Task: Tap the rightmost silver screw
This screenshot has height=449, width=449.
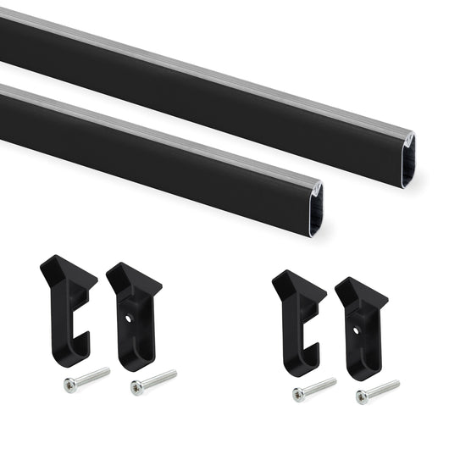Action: click(x=378, y=391)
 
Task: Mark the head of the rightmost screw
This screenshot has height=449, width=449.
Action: click(x=362, y=396)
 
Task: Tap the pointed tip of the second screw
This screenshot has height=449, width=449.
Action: click(x=175, y=372)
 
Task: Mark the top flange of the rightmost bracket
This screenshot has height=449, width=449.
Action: click(x=363, y=293)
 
